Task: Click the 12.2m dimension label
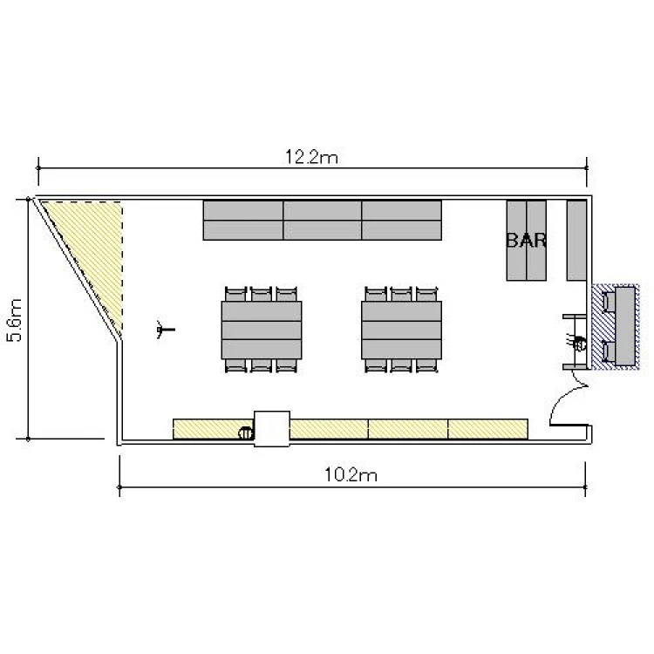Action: (x=311, y=157)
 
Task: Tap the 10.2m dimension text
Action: (x=351, y=474)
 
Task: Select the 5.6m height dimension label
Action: (x=15, y=320)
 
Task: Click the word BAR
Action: (x=527, y=241)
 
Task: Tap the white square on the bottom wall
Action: (x=272, y=429)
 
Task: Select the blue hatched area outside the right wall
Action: (x=616, y=327)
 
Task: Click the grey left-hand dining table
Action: (x=262, y=330)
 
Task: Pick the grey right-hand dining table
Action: (x=402, y=330)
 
